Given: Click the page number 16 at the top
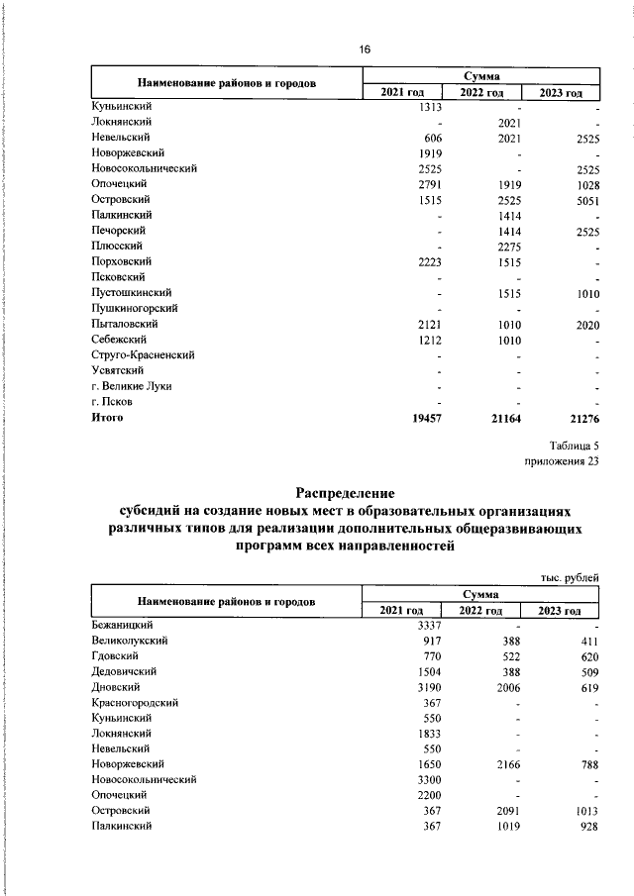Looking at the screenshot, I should pos(364,50).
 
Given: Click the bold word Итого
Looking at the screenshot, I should pos(108,417).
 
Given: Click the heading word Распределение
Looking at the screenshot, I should pos(346,492).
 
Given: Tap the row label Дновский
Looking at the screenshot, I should pos(115,686).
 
